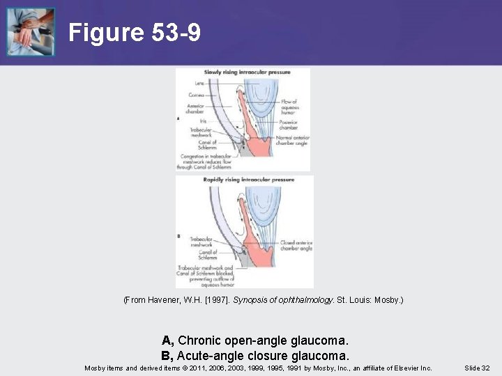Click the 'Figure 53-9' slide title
(135, 33)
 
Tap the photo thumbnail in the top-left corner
(30, 32)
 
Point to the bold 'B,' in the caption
(167, 354)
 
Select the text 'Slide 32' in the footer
(476, 368)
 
